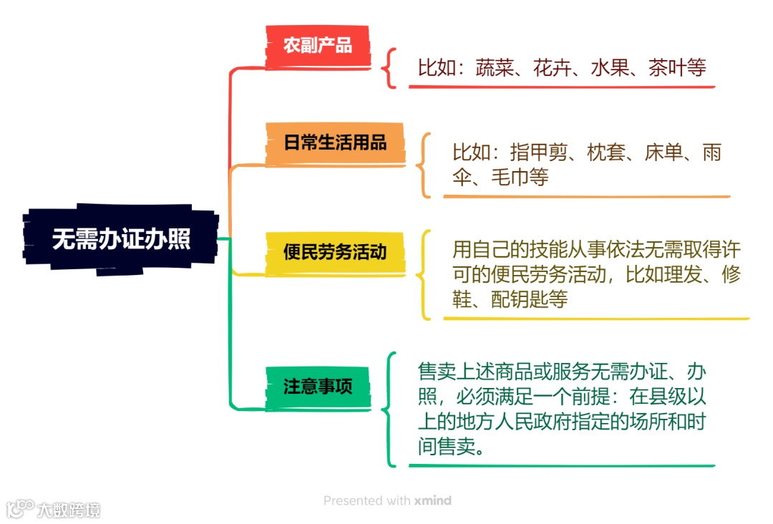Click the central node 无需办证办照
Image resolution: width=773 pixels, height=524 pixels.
click(x=121, y=239)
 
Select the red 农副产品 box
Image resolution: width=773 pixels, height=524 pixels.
click(x=317, y=47)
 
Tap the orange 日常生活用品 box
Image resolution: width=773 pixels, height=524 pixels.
click(x=335, y=142)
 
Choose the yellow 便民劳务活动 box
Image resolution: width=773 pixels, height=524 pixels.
click(x=335, y=252)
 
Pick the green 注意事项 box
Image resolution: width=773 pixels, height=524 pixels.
click(x=317, y=387)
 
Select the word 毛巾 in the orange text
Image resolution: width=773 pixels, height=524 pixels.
click(x=510, y=177)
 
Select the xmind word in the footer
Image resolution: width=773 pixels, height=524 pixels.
click(x=432, y=501)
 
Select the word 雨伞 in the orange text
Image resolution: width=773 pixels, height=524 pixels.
click(x=712, y=153)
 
